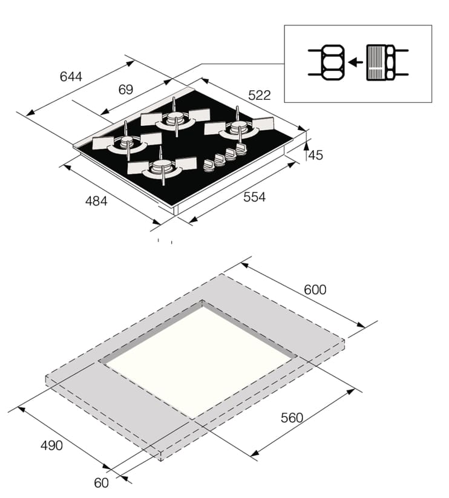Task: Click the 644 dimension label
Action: click(x=71, y=76)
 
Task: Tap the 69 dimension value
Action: click(x=126, y=90)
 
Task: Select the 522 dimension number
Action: click(x=260, y=95)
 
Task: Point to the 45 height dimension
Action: click(x=316, y=155)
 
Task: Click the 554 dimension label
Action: click(x=254, y=197)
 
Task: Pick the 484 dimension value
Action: click(x=96, y=201)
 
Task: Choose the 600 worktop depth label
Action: click(x=315, y=290)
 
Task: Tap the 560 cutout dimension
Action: click(x=292, y=418)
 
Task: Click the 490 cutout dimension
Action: click(x=51, y=445)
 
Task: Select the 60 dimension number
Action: click(x=101, y=483)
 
